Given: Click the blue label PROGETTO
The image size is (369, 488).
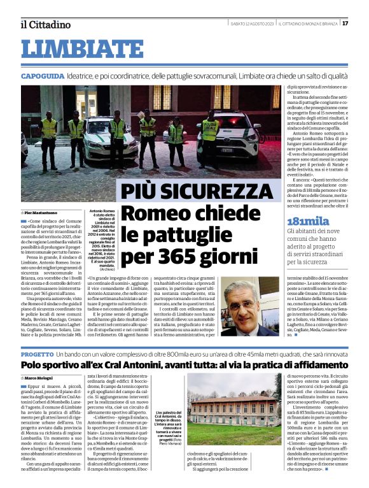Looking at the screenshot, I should click(37, 353).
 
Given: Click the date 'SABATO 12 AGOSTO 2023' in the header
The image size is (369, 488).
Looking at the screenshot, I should click(254, 24).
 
